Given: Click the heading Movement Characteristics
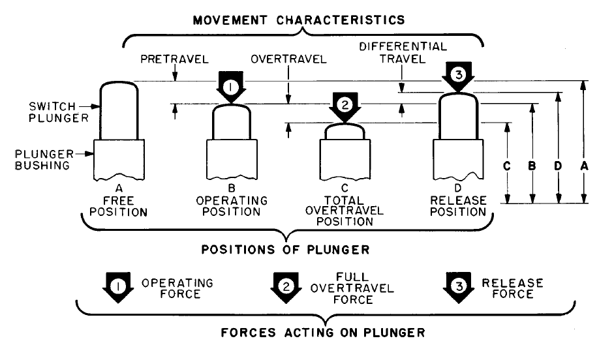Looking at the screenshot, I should click(298, 20).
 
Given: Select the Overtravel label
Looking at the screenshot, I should click(288, 59).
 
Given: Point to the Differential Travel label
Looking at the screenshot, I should click(403, 52).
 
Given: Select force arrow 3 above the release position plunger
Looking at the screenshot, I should click(458, 76).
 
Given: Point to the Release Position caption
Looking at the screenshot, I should click(459, 206).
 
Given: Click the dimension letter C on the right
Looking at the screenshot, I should click(506, 166).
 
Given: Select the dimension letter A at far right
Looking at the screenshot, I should click(584, 166).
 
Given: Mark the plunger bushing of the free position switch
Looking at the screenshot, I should click(120, 160).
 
